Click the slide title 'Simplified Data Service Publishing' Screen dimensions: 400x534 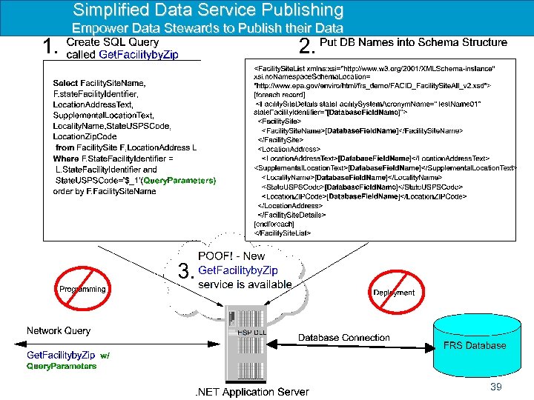tap(208, 10)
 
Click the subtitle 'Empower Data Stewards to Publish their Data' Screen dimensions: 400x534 tap(208, 29)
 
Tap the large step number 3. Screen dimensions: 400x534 tap(185, 271)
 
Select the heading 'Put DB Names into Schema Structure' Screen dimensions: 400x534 tap(413, 42)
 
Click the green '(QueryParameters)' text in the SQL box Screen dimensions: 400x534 tap(179, 180)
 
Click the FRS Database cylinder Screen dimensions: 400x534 tap(474, 345)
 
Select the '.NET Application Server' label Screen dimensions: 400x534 tap(251, 392)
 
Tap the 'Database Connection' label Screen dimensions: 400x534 tap(343, 338)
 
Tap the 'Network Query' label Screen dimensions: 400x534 tap(59, 330)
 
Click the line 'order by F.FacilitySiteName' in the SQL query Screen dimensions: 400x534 tap(105, 191)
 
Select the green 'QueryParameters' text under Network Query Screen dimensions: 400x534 tap(62, 366)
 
